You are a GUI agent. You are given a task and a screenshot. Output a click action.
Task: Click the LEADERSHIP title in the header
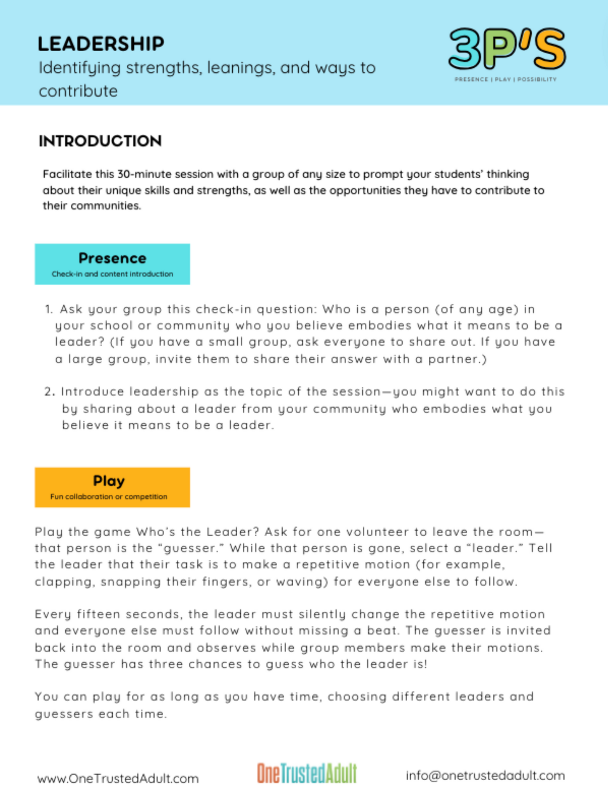[x=101, y=44]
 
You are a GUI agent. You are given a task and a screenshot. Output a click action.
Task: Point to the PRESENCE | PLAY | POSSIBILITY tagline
[x=505, y=79]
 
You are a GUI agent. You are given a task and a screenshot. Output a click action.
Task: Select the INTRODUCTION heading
[x=100, y=141]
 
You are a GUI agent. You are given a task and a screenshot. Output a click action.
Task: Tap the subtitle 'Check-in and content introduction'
[x=112, y=274]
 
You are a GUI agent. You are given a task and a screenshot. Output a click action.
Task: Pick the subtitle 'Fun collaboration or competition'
[x=109, y=497]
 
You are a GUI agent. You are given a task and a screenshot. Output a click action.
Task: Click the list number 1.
[x=48, y=310]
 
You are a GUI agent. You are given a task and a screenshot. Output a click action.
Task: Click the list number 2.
[x=49, y=392]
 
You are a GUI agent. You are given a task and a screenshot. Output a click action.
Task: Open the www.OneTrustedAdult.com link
[x=118, y=778]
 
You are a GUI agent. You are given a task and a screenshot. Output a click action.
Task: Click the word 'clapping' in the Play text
[x=63, y=582]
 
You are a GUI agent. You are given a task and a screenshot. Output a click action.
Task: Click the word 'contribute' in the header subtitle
[x=78, y=91]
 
